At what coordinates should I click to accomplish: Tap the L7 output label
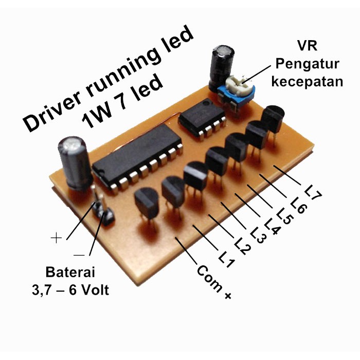[x=313, y=193]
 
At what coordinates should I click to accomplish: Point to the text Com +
[x=214, y=282]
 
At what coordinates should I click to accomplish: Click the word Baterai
[x=70, y=272]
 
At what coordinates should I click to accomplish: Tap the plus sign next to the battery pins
[x=56, y=238]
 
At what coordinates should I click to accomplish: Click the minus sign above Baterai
[x=79, y=255]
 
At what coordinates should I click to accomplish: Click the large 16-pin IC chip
[x=138, y=158]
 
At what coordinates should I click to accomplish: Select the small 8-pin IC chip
[x=202, y=118]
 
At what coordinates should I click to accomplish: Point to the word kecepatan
[x=307, y=81]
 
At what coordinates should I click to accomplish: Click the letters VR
[x=307, y=46]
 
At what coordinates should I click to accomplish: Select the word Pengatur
[x=307, y=64]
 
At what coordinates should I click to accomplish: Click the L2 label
[x=243, y=246]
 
